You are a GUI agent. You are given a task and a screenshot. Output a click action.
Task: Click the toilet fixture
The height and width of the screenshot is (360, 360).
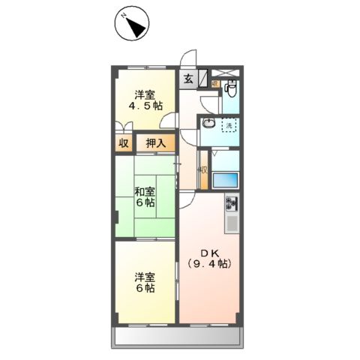(x=232, y=91)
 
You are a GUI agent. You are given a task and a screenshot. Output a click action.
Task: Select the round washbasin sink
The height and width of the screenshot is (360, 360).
(x=210, y=124)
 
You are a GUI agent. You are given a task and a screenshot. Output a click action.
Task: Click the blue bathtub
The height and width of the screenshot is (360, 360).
(x=226, y=181)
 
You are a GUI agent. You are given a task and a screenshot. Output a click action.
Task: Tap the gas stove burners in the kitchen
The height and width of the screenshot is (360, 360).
(x=232, y=203)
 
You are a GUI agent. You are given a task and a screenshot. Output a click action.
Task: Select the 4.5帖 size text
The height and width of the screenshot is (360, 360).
(x=146, y=106)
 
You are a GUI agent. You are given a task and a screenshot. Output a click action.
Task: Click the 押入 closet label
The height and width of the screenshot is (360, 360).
(x=156, y=143)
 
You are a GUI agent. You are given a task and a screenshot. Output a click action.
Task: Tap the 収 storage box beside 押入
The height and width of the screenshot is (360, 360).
(x=122, y=143)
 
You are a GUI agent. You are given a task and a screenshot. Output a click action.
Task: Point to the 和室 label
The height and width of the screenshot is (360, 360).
(x=145, y=190)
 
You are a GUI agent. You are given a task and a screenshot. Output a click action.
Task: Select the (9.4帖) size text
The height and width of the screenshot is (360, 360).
(x=209, y=264)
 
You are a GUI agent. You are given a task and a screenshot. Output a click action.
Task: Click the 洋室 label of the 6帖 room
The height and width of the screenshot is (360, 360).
(x=145, y=274)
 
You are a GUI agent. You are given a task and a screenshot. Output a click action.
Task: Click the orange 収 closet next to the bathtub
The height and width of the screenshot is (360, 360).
(x=202, y=170)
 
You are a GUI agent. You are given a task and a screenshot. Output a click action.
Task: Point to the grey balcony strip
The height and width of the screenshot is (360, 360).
(x=178, y=337)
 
